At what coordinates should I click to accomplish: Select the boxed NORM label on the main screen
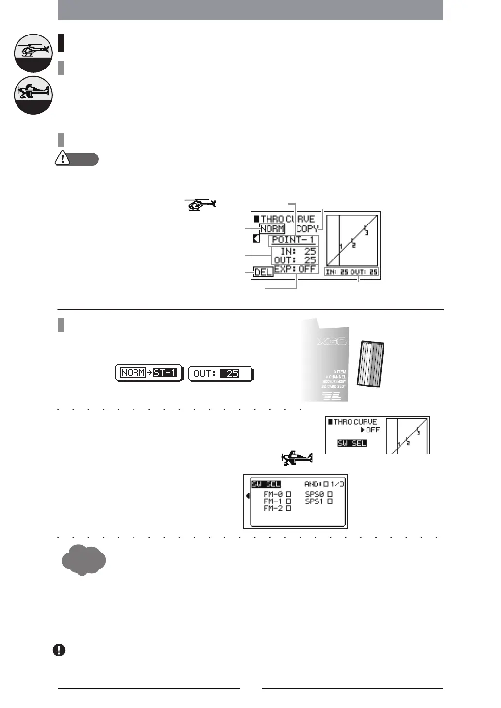point(272,229)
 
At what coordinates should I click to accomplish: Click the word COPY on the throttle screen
point(307,229)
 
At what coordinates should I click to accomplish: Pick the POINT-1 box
point(293,240)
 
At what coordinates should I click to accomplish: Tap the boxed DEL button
point(263,272)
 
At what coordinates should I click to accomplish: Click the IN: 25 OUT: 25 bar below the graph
point(352,272)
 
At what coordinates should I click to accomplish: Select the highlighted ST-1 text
point(165,373)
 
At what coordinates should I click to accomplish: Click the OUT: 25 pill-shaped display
point(221,374)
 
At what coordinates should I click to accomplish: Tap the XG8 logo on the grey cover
point(332,341)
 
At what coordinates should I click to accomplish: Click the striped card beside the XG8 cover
point(371,364)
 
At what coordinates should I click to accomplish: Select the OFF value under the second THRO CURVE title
point(372,430)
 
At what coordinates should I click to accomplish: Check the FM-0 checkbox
point(289,494)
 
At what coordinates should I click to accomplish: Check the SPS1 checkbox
point(330,501)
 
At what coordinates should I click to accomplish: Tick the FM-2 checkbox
point(289,508)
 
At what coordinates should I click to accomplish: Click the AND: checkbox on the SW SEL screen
point(326,484)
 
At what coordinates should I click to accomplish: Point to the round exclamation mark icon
point(59,650)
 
